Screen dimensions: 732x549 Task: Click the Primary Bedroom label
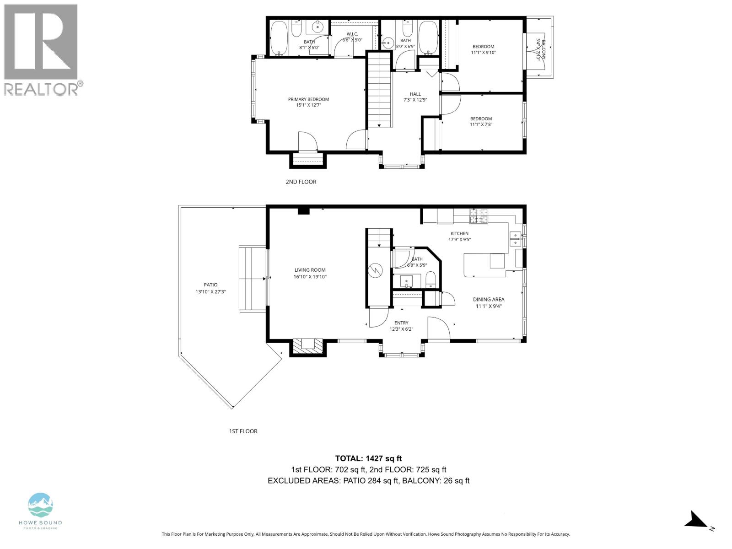308,99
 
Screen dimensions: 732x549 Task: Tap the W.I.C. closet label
352,34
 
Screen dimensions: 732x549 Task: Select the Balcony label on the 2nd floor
543,50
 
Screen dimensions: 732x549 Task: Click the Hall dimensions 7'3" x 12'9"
415,100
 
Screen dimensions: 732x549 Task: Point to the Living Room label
310,270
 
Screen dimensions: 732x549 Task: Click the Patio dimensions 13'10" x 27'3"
211,292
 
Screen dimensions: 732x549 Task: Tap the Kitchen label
459,234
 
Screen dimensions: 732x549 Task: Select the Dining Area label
489,299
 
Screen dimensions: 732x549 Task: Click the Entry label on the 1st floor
401,323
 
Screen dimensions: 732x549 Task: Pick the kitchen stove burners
479,216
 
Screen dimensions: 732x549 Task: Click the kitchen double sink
516,239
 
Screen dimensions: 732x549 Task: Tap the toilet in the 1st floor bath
431,280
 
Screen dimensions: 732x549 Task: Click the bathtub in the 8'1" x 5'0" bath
279,38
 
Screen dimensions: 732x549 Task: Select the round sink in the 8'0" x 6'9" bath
388,43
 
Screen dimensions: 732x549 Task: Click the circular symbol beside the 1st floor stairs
375,270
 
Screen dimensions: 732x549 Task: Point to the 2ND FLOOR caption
301,182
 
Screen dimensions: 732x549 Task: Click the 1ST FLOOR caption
243,431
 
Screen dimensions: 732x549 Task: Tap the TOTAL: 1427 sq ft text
368,458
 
